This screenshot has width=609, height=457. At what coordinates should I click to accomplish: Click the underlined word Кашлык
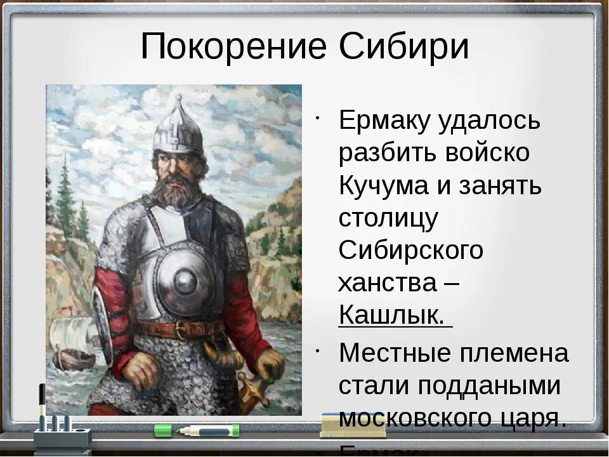pos(392,315)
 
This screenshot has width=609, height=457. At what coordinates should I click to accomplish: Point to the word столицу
pos(388,218)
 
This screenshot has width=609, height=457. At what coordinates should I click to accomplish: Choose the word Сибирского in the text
pos(411,251)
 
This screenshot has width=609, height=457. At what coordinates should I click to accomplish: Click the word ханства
pos(388,283)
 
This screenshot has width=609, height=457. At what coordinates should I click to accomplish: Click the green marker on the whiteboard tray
pos(197,430)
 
